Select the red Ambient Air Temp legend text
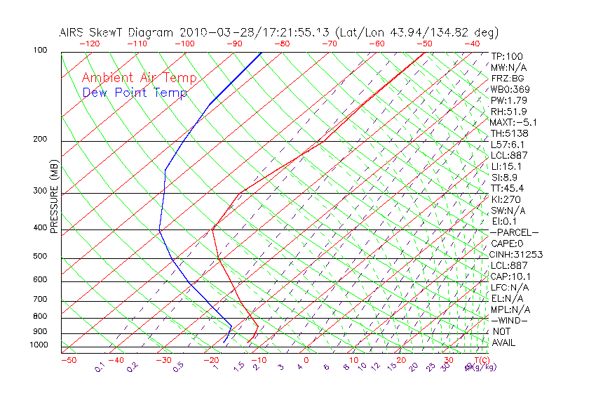(139, 79)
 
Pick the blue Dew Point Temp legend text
(135, 93)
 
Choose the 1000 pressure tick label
(39, 345)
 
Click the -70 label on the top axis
(329, 44)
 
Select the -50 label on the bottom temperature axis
(68, 360)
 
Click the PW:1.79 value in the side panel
(508, 100)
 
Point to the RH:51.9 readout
(508, 112)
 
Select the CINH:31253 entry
(517, 254)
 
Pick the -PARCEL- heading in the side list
(514, 232)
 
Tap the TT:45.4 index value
(508, 188)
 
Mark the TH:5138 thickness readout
(510, 133)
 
